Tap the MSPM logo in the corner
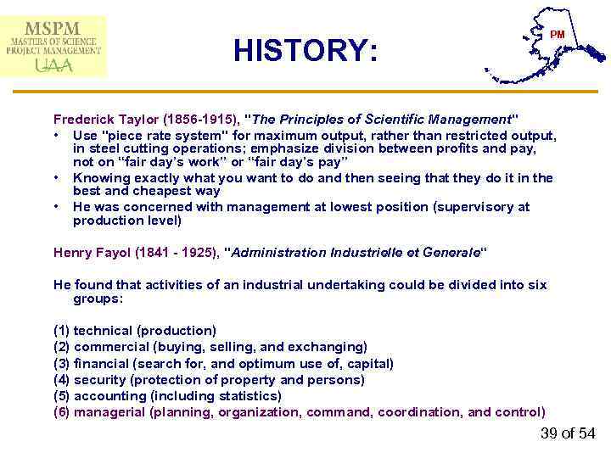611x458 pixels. click(54, 46)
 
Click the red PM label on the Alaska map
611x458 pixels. click(557, 35)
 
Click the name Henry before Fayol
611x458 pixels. click(72, 252)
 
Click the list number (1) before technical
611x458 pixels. click(62, 331)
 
